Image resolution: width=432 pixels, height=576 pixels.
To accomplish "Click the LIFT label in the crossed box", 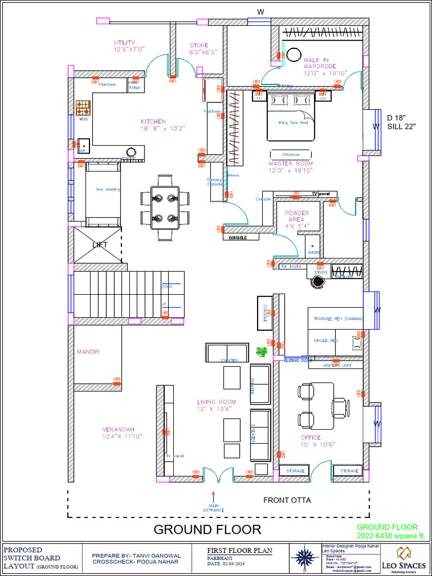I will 100,245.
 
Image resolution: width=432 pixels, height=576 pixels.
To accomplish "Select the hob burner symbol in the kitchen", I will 83,107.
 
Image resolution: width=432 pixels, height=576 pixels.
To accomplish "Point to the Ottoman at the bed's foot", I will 290,154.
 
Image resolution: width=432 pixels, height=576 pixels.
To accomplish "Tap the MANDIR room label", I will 88,352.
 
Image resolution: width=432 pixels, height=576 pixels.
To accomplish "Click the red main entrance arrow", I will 213,496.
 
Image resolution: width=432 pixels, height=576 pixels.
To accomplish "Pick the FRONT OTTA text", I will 287,500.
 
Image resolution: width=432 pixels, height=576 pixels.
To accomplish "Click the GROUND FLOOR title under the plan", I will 207,529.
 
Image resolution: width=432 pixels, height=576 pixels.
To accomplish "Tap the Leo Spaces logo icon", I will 404,553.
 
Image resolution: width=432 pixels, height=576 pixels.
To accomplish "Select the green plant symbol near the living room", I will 262,352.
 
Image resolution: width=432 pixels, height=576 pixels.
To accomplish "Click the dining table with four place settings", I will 165,208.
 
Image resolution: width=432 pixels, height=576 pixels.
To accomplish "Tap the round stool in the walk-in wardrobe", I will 294,55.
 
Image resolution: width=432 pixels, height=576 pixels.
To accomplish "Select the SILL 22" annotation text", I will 400,127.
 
